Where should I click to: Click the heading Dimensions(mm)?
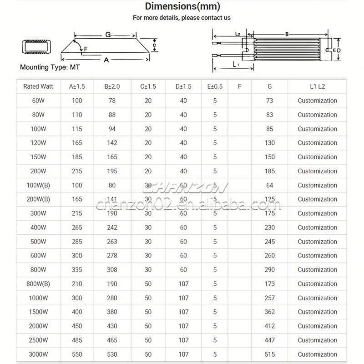point(182,6)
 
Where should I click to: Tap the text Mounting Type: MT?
point(50,67)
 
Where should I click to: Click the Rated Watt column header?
point(38,86)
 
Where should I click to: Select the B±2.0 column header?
point(112,86)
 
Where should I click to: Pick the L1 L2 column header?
point(317,86)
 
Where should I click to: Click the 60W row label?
point(38,101)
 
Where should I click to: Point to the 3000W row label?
point(38,354)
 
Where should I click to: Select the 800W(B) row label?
point(38,284)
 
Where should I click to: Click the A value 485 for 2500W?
point(77,340)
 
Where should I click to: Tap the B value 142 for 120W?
point(112,143)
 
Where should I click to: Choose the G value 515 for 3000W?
point(270,354)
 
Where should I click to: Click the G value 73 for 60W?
point(270,101)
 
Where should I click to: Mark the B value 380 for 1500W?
point(112,312)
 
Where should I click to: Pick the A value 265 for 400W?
point(77,227)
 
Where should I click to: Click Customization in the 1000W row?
point(317,298)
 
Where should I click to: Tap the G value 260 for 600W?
point(270,256)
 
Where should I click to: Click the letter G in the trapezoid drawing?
point(108,35)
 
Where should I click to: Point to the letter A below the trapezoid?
point(106,60)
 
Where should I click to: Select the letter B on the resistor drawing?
point(287,34)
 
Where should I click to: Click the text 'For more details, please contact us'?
point(182,18)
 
